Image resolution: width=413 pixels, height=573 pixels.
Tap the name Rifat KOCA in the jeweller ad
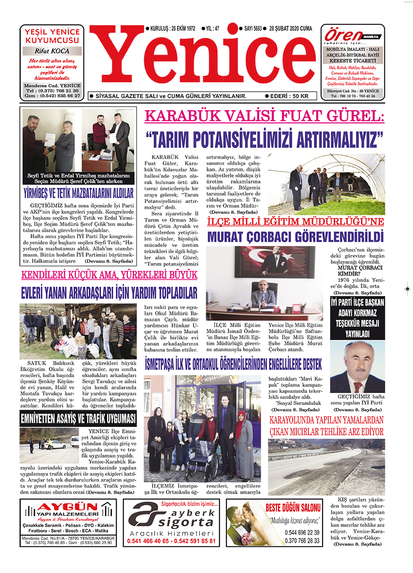[52, 51]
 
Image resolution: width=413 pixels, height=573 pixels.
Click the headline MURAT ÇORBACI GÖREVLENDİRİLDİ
[295, 236]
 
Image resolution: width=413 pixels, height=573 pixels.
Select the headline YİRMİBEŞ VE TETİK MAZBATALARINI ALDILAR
[78, 193]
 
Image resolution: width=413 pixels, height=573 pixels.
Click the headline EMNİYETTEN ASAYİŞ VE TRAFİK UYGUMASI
[78, 418]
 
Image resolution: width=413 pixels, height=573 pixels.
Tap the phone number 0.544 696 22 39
[302, 533]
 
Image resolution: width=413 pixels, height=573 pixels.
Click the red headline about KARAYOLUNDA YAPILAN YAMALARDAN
[326, 426]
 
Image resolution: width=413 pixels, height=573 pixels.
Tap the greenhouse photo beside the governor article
[326, 185]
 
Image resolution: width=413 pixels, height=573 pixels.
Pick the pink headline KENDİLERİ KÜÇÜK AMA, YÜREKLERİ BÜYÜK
[109, 276]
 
